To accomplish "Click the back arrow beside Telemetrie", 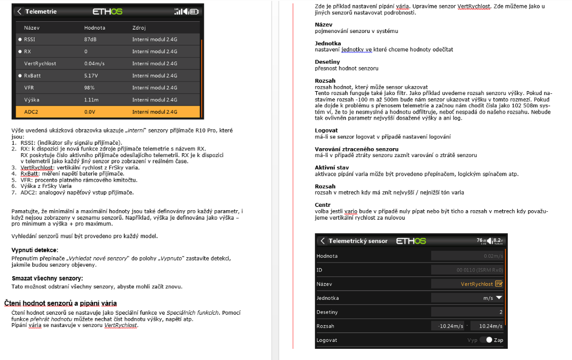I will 20,11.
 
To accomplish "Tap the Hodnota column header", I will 94,27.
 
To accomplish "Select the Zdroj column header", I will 139,27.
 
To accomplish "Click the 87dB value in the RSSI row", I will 90,39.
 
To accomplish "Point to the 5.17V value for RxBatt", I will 91,75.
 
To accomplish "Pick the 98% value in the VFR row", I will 89,87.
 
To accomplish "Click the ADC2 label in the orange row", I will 31,112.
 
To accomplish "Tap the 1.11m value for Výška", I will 92,100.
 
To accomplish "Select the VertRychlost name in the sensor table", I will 40,63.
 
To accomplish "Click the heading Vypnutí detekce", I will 35,250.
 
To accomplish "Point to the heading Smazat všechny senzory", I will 47,278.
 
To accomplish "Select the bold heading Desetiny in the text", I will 327,62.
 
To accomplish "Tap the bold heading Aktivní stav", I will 332,168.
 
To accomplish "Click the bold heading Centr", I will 323,205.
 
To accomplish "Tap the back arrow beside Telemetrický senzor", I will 322,241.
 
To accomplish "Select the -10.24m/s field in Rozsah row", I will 450,326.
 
